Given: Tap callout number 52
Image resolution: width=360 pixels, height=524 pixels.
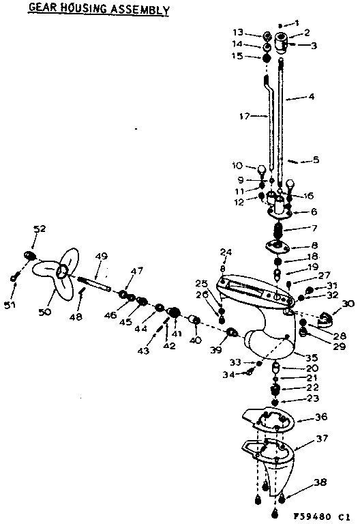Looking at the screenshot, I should (40, 229).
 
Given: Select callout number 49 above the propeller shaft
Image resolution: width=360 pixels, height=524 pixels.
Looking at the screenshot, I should (102, 257).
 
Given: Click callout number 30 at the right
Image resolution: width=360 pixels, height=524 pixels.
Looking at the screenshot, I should (348, 304).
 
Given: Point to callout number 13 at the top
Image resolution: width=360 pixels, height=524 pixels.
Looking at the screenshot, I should (256, 32).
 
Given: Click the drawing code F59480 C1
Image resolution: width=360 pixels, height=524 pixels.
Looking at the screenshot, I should (319, 517).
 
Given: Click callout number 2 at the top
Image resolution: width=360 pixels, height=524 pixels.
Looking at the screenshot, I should (306, 32).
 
